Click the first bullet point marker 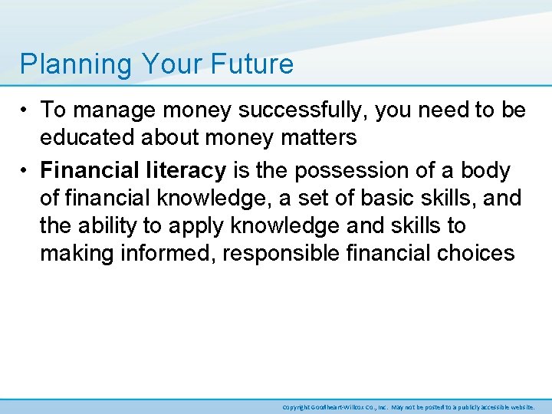point(26,110)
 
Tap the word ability point(108,225)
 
